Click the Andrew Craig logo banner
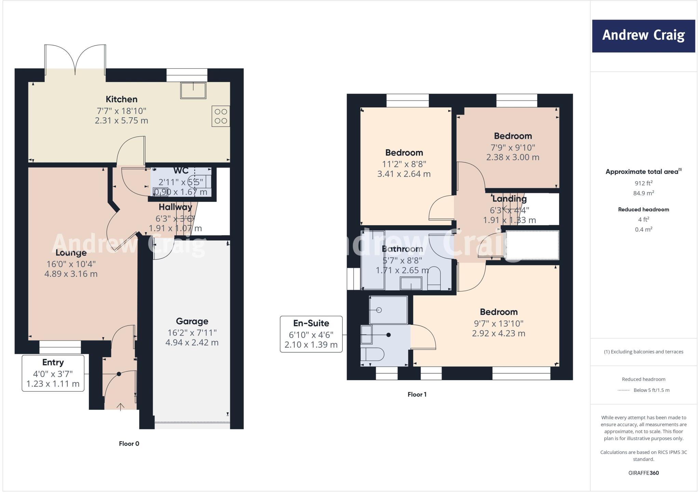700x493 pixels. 643,36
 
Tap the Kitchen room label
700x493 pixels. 121,99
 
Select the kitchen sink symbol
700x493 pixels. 193,90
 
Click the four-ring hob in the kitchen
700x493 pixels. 221,116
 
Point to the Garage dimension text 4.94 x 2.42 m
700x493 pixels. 192,343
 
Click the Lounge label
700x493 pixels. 71,253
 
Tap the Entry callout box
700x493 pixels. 53,373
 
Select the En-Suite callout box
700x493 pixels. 311,334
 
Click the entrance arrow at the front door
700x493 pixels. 120,406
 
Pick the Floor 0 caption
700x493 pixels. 129,444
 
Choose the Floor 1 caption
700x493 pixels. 417,395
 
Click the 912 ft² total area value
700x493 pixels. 643,183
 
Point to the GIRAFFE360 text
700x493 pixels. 643,473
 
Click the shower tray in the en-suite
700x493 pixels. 388,310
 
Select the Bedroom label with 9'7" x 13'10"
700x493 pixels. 499,312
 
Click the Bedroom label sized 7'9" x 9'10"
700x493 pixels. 513,136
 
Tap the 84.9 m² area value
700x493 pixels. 643,193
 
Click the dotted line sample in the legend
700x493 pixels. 623,390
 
